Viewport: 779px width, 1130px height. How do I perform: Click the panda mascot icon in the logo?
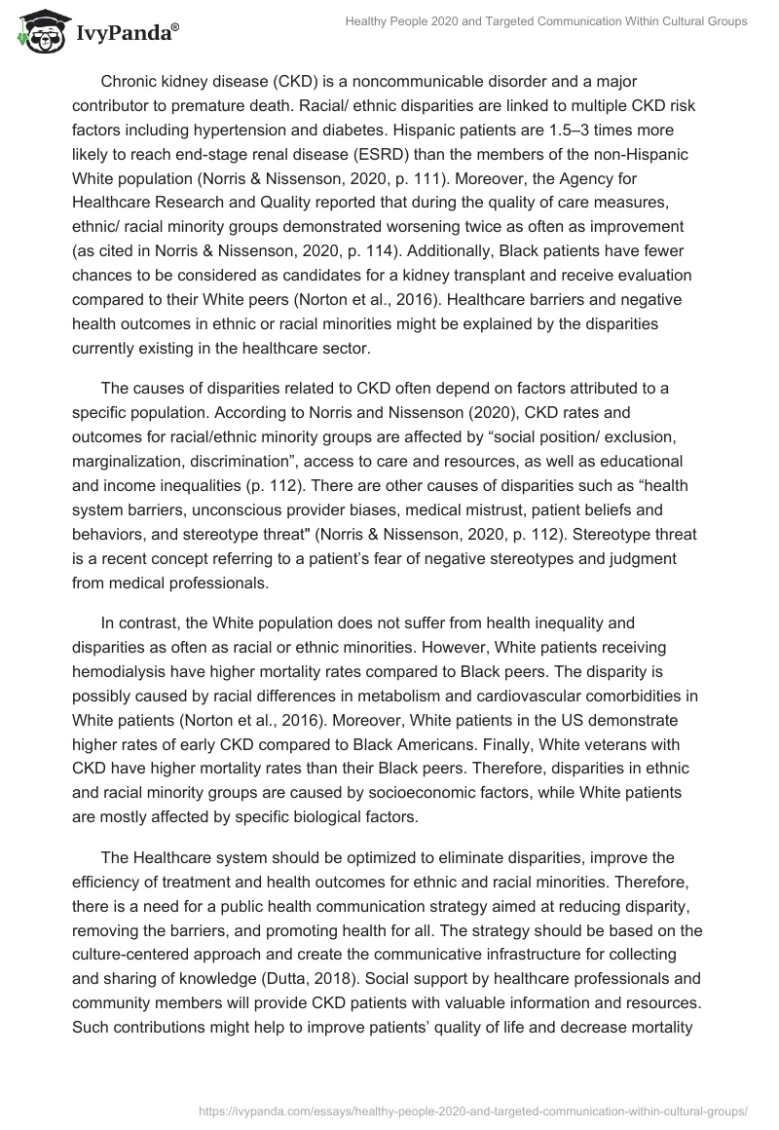(37, 32)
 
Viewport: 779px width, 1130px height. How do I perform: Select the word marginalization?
(130, 460)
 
